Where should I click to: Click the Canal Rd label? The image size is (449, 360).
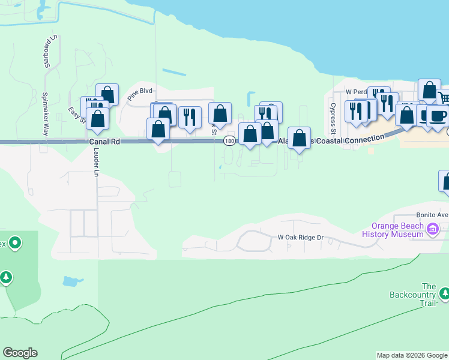(x=104, y=142)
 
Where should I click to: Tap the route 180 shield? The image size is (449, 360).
(x=229, y=141)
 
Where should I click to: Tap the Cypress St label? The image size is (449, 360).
(x=331, y=118)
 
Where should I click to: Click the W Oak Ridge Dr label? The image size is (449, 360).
(x=300, y=238)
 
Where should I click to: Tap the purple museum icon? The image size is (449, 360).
(x=432, y=229)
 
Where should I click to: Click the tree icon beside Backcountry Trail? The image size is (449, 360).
(x=444, y=294)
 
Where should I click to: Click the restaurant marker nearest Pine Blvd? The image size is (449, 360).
(x=190, y=116)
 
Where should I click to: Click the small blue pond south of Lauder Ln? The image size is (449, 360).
(x=71, y=281)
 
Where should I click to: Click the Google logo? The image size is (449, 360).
(x=20, y=353)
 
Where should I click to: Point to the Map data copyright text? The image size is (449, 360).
(x=412, y=355)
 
